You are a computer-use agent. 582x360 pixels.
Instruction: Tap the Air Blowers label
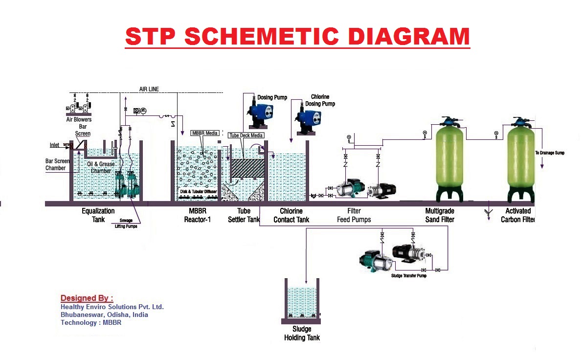[79, 119]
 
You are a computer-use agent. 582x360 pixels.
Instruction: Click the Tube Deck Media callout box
[246, 135]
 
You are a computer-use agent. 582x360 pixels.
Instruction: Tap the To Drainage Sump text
[550, 153]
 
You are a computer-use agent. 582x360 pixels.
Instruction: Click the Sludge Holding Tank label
[302, 334]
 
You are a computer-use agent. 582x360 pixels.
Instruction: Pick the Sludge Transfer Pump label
[408, 275]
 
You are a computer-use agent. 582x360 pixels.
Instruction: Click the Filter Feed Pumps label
[354, 215]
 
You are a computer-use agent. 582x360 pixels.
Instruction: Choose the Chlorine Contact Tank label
[291, 215]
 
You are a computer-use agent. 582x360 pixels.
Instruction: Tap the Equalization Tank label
[98, 215]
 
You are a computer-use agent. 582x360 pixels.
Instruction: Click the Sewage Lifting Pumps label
[126, 224]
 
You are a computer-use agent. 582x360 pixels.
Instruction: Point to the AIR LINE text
[149, 89]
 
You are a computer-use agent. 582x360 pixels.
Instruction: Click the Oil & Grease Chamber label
[101, 167]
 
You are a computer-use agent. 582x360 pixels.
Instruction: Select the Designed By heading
[87, 298]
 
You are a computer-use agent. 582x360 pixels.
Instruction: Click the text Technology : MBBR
[90, 322]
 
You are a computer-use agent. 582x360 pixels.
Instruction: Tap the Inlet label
[55, 145]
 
